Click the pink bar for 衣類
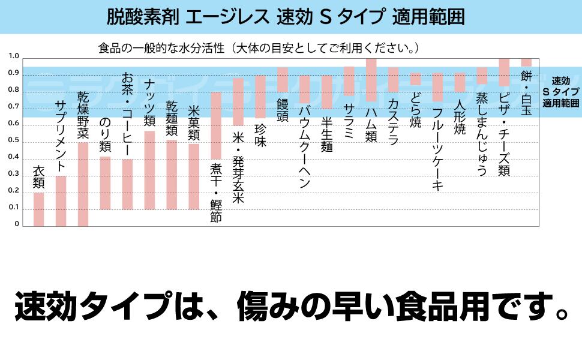coord(38,209)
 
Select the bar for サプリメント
coord(61,201)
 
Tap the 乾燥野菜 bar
coord(83,184)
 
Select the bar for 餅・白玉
coord(526,62)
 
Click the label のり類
coord(105,134)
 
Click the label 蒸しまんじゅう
coord(482,134)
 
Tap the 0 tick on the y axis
coord(17,224)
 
